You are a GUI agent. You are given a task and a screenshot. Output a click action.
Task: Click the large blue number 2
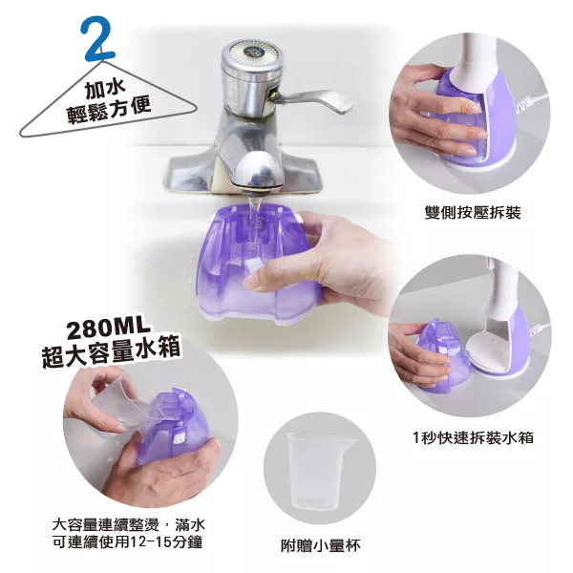(97, 38)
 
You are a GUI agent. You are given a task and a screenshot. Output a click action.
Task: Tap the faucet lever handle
(313, 99)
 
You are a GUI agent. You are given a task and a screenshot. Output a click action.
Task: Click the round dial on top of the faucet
(251, 54)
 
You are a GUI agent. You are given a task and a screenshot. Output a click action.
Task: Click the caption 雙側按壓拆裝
(473, 213)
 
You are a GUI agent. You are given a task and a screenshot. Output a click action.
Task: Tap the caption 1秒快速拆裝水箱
(473, 437)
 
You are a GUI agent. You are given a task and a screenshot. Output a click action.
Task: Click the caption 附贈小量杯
(321, 545)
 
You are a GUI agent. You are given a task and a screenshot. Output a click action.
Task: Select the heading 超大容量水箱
(111, 351)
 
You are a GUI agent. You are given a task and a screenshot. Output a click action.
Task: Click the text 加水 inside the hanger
(105, 90)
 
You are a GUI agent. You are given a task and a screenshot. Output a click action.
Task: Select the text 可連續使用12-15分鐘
(128, 542)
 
